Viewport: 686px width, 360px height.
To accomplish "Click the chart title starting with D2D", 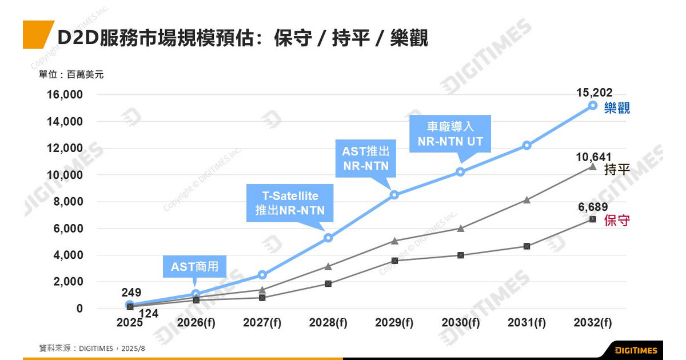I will click(242, 38).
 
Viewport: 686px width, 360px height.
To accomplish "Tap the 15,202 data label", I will click(595, 93).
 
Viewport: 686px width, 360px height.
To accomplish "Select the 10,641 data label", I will click(595, 157).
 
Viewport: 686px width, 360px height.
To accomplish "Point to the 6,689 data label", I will click(592, 207).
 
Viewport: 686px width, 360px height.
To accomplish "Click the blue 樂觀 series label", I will click(617, 108).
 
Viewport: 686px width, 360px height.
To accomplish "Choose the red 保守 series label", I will click(617, 221).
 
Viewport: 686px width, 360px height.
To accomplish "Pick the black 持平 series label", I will click(617, 170).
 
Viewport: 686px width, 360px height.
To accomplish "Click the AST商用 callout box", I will click(195, 266).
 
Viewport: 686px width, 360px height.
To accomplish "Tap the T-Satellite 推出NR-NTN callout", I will click(286, 203).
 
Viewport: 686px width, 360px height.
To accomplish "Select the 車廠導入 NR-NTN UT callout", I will click(450, 134).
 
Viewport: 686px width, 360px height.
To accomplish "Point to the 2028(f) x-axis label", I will click(328, 323).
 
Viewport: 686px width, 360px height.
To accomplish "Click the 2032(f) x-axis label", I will click(592, 323).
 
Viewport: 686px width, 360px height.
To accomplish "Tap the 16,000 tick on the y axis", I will click(65, 95).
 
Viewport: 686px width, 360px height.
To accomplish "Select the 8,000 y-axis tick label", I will click(67, 202).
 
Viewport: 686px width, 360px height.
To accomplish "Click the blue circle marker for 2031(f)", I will click(527, 145).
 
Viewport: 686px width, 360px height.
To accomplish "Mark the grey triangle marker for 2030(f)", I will click(461, 228).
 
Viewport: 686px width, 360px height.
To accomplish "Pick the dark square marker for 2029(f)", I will click(394, 261).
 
